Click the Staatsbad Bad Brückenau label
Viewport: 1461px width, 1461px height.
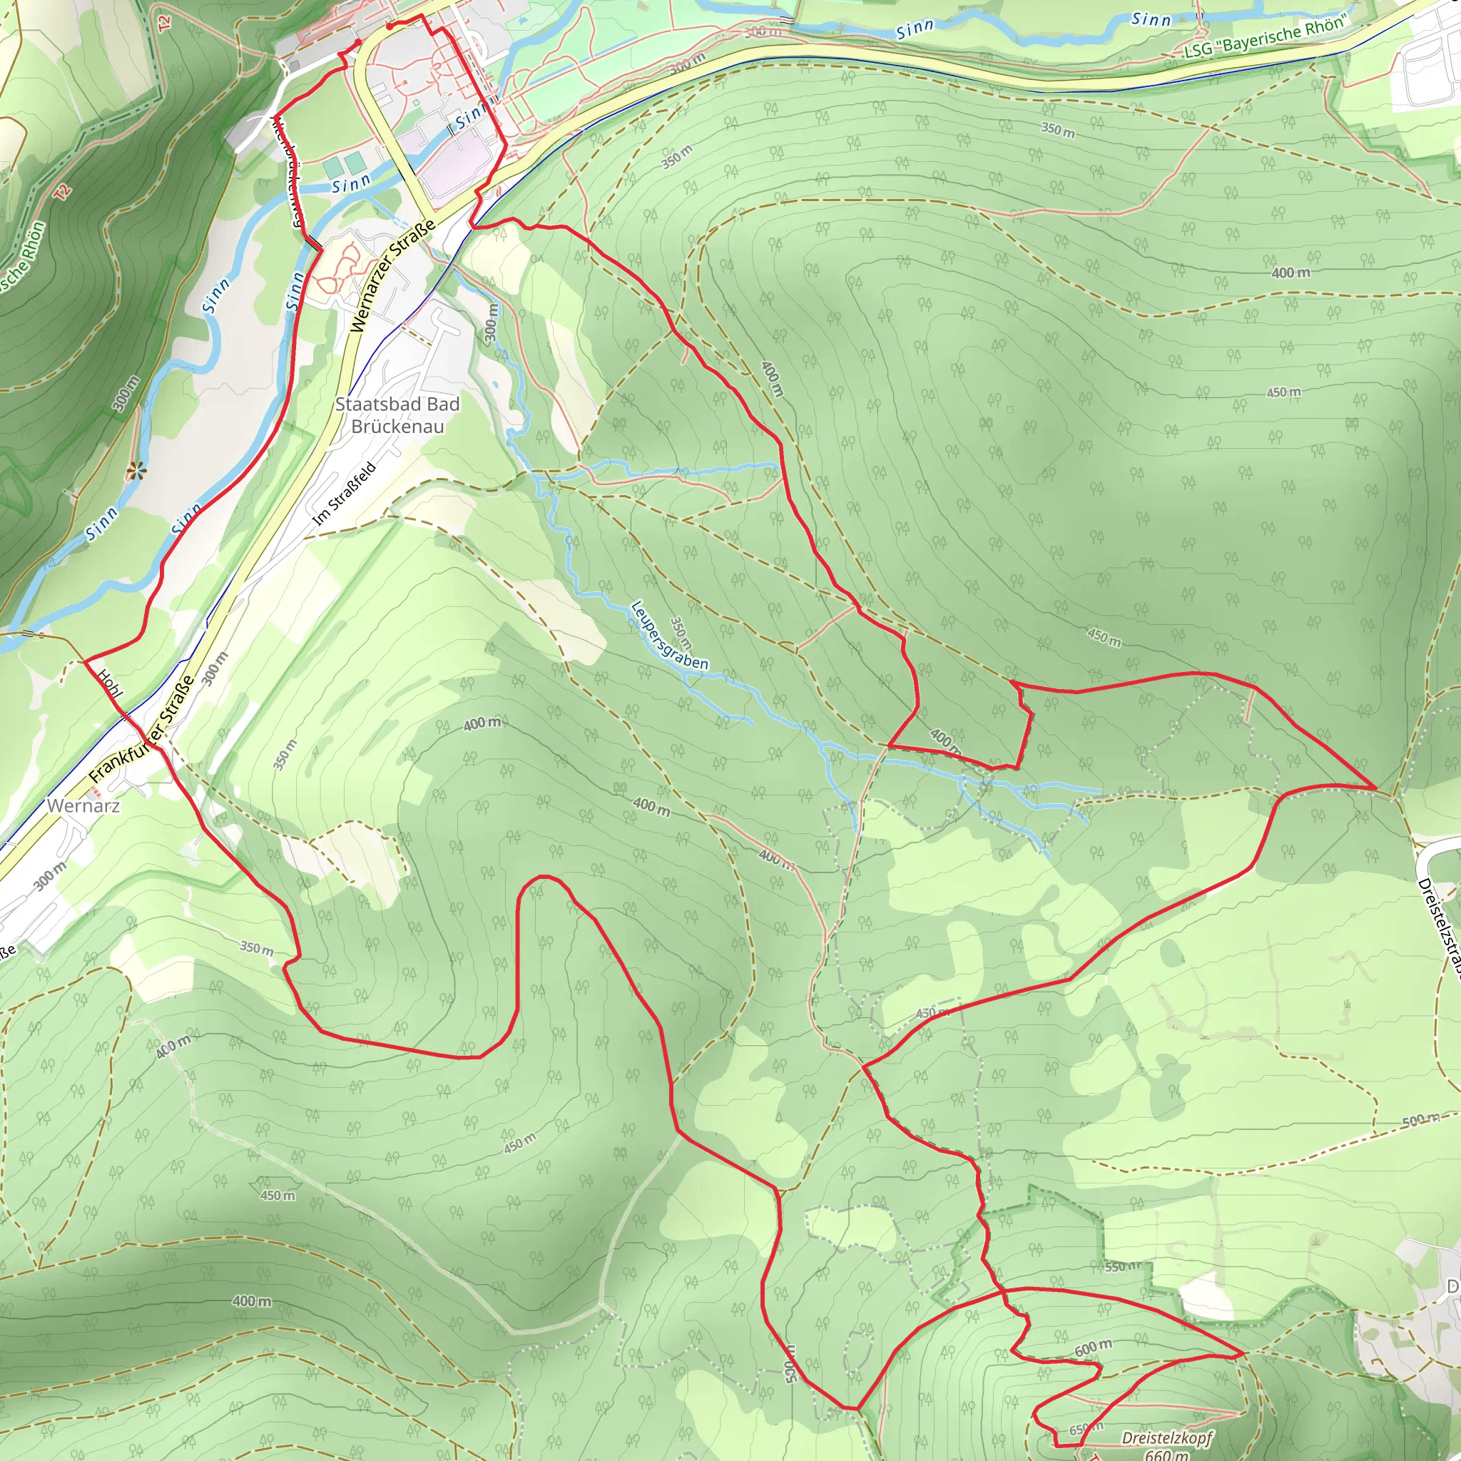pyautogui.click(x=397, y=415)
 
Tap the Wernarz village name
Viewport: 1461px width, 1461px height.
pyautogui.click(x=83, y=805)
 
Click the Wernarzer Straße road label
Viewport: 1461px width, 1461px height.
pyautogui.click(x=393, y=276)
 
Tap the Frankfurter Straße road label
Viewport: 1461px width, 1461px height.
pyautogui.click(x=141, y=728)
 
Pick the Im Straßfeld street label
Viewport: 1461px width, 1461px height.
pyautogui.click(x=344, y=494)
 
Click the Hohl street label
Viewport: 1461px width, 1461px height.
pyautogui.click(x=110, y=683)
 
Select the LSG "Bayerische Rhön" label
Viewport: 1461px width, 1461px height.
pyautogui.click(x=1264, y=37)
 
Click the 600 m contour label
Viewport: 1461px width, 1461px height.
pyautogui.click(x=1093, y=1348)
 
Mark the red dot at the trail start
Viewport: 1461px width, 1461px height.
pyautogui.click(x=389, y=26)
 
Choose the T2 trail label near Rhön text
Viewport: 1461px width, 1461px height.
pyautogui.click(x=63, y=191)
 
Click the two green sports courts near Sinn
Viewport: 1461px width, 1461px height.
pyautogui.click(x=343, y=163)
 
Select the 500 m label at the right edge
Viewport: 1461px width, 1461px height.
pyautogui.click(x=1420, y=1120)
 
